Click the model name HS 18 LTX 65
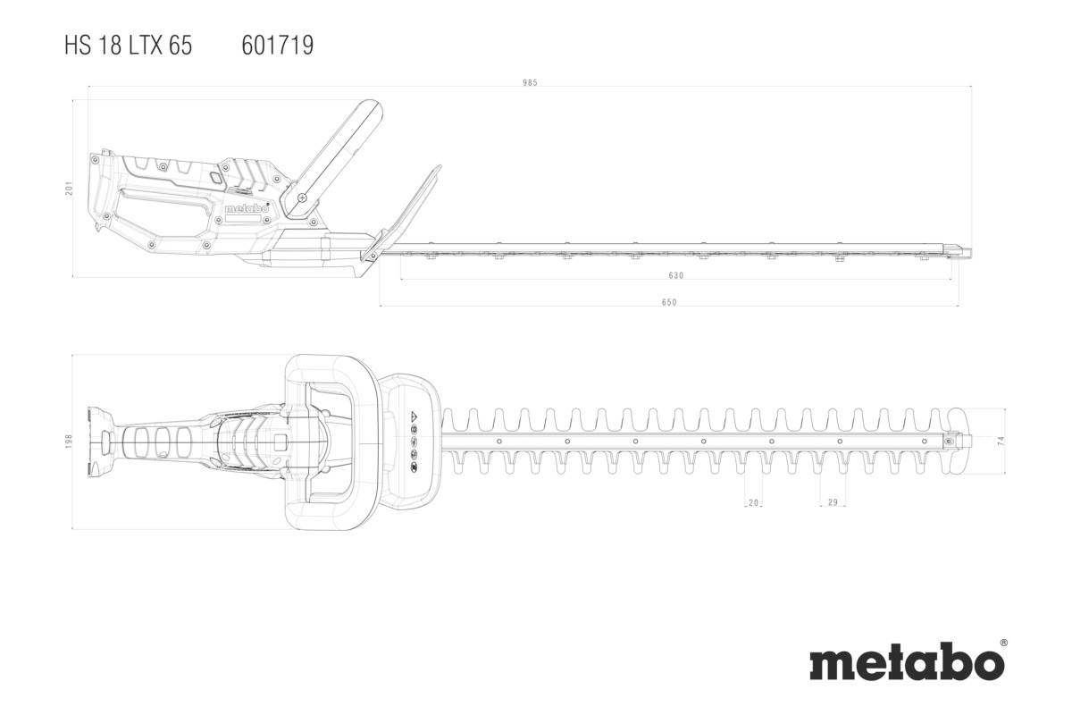[128, 46]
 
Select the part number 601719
[278, 46]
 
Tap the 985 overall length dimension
[531, 83]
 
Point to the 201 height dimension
[68, 189]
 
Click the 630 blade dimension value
[675, 276]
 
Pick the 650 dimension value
[669, 302]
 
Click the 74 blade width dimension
[1001, 441]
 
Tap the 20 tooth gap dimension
[753, 504]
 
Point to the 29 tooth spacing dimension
[833, 504]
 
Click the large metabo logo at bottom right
[906, 663]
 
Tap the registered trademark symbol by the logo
[1002, 643]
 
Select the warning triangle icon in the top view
[414, 417]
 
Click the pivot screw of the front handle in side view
[302, 197]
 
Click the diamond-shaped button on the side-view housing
[215, 177]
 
